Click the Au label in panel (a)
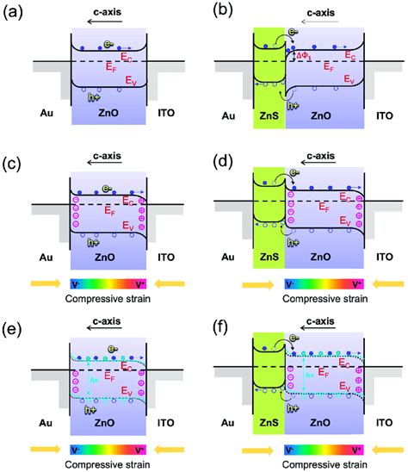coord(48,112)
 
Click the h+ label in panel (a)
coord(96,97)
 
